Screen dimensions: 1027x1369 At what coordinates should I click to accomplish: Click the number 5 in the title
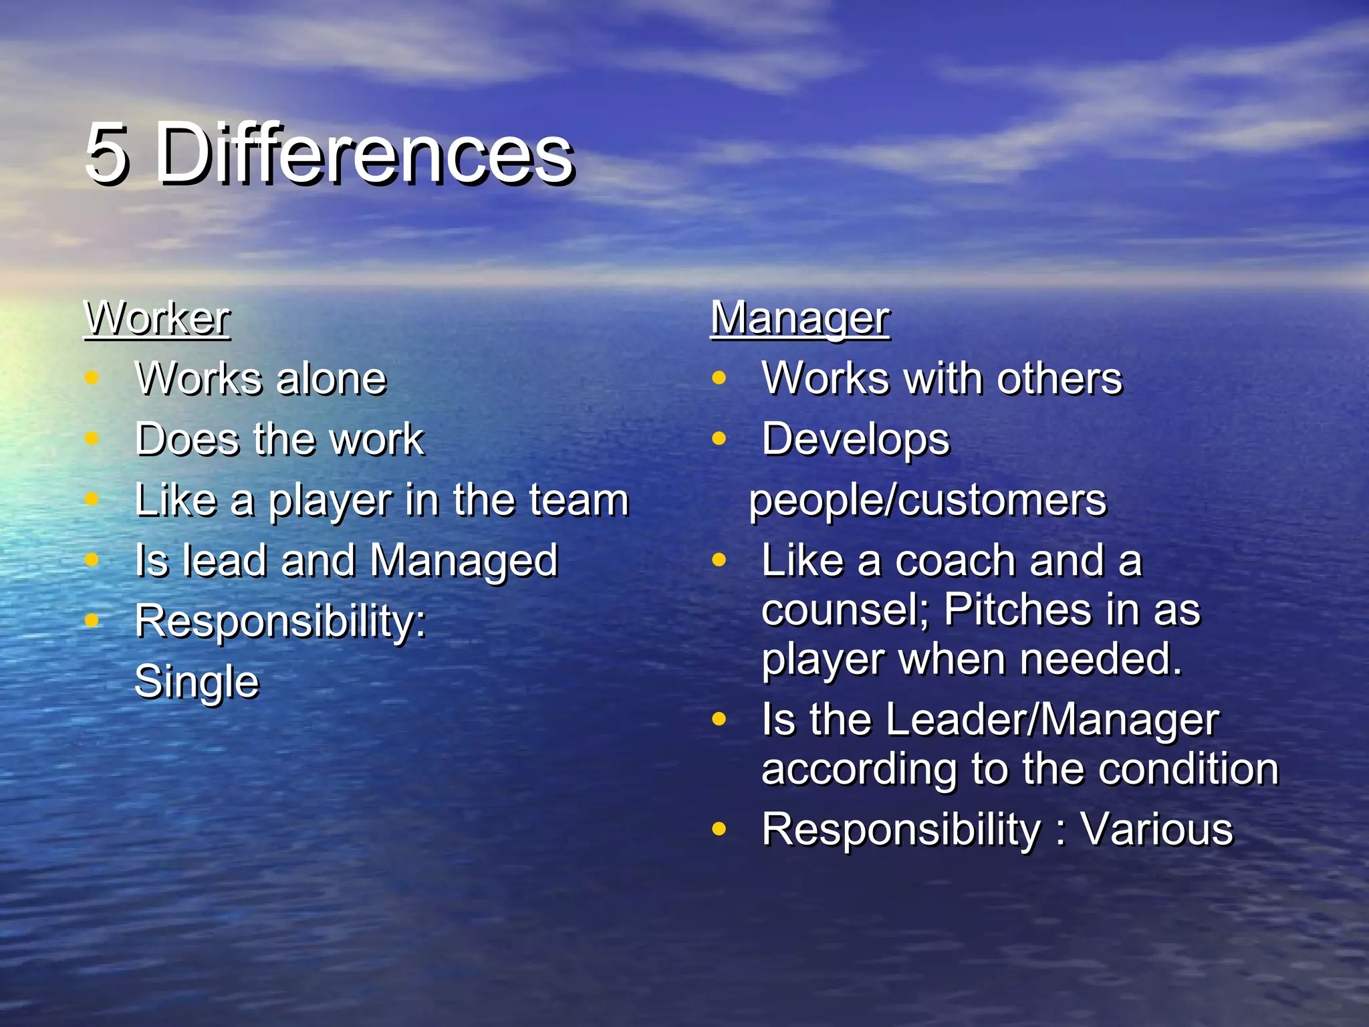(x=107, y=154)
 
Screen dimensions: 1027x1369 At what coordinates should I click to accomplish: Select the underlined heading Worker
(x=157, y=319)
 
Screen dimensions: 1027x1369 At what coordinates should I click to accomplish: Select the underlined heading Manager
(x=799, y=319)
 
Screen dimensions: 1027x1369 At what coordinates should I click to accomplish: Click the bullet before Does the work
(x=92, y=439)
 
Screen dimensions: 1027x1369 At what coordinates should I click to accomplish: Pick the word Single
(x=197, y=682)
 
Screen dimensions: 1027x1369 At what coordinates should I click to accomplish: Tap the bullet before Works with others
(x=719, y=378)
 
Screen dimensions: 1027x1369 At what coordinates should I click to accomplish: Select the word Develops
(x=856, y=440)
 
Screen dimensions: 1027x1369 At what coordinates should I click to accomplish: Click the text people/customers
(x=928, y=500)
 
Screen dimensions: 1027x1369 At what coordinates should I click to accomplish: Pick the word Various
(x=1156, y=830)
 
